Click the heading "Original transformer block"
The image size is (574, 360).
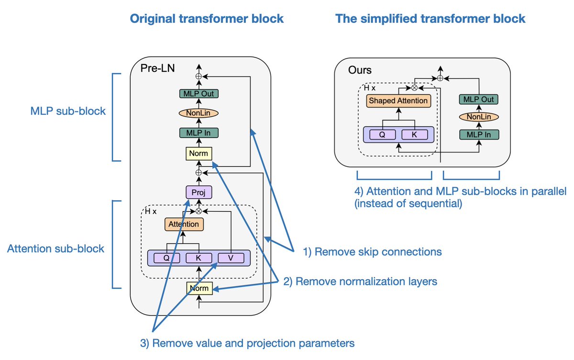[207, 19]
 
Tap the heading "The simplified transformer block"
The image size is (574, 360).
[430, 19]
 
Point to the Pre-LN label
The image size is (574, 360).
[157, 68]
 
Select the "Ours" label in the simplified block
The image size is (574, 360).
[360, 70]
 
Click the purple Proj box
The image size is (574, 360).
[199, 192]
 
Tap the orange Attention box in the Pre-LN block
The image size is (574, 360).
[184, 224]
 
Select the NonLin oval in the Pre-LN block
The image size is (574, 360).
[199, 113]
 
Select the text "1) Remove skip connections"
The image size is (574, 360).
[373, 251]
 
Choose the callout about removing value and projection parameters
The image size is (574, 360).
[247, 343]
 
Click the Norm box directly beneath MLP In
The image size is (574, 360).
[199, 154]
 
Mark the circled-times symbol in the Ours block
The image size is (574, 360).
[414, 88]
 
